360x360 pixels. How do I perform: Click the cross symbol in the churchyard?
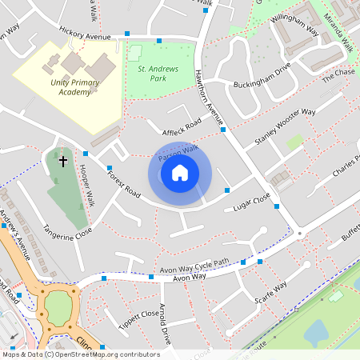pos(63,162)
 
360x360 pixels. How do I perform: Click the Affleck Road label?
pos(181,128)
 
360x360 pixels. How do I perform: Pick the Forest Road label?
pos(123,182)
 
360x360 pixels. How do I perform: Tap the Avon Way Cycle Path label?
pos(195,265)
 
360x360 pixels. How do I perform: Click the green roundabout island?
pos(58,305)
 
